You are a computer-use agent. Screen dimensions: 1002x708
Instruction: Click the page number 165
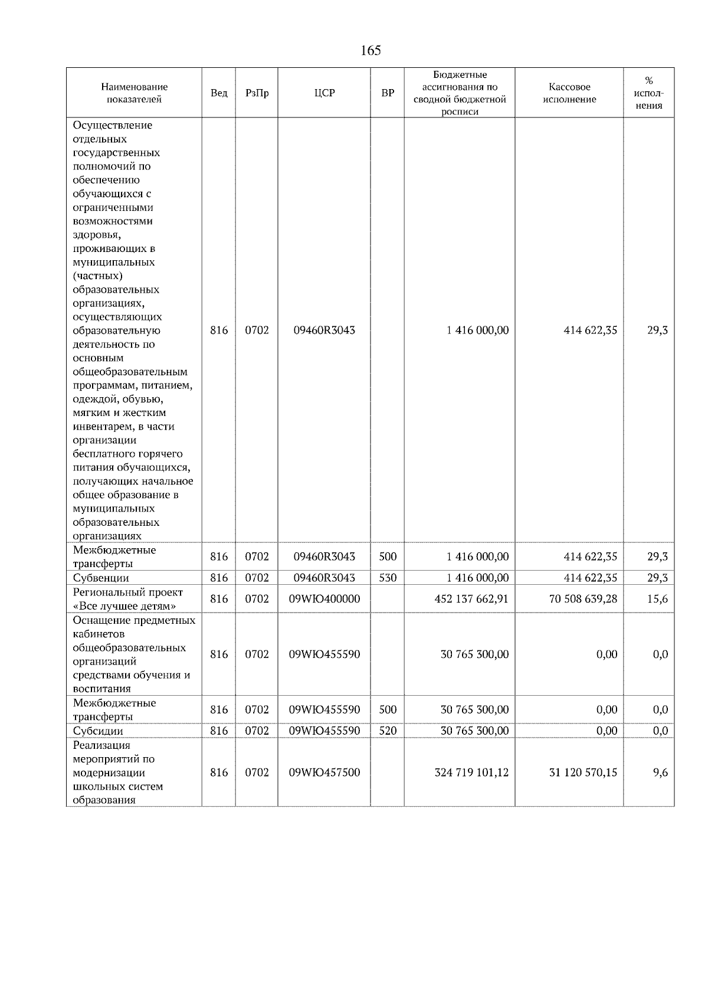(371, 51)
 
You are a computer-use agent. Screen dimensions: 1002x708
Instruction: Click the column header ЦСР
(324, 93)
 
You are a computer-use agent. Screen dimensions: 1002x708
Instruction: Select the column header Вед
(218, 93)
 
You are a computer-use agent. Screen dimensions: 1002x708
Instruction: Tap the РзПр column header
(257, 93)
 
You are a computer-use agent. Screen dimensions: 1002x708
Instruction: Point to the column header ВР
(388, 93)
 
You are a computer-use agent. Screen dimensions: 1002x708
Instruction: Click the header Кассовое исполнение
(569, 93)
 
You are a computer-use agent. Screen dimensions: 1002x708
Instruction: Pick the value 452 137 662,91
(471, 599)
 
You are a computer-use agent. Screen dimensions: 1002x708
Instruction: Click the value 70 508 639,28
(583, 599)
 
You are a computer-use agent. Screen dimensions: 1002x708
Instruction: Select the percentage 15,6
(657, 599)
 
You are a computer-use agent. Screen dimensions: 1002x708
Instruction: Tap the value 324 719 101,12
(471, 772)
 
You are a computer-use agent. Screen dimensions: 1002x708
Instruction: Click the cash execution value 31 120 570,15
(583, 772)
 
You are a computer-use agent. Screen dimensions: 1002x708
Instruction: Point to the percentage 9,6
(660, 772)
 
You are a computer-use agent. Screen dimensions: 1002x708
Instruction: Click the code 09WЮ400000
(324, 599)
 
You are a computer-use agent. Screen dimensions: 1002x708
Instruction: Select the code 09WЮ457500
(324, 772)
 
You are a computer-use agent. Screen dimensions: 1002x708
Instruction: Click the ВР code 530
(388, 578)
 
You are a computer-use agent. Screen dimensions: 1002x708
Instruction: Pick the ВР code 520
(388, 731)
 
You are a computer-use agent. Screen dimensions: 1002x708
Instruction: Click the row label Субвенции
(101, 578)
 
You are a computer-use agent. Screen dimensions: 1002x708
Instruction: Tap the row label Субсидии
(98, 731)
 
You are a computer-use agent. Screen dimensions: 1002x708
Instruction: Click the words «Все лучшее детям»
(124, 606)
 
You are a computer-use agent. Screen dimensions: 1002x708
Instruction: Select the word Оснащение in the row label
(100, 620)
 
